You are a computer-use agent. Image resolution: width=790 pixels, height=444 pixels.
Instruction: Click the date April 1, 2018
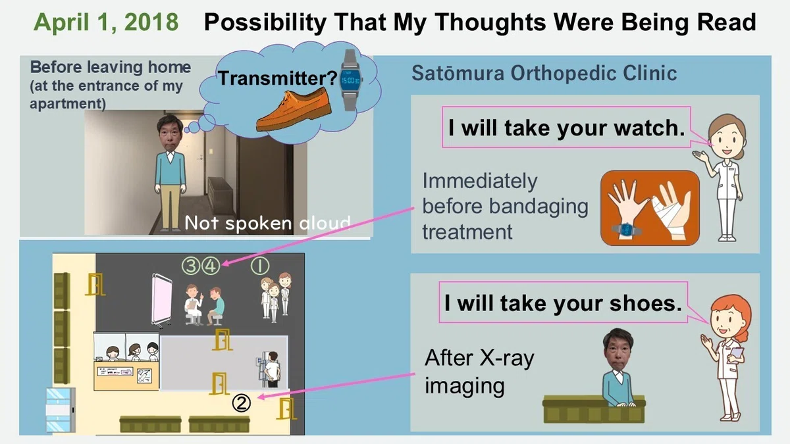pos(106,22)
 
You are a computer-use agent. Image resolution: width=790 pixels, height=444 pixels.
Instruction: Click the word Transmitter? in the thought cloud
pos(278,78)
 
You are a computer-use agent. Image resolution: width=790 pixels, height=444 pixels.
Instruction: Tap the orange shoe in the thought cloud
pos(294,111)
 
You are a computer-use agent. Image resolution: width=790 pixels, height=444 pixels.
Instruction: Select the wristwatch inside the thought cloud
pos(350,80)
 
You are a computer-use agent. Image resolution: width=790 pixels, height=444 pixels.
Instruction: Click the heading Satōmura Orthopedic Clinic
pos(544,73)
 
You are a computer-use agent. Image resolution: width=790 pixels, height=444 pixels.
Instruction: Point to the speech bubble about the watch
pos(566,127)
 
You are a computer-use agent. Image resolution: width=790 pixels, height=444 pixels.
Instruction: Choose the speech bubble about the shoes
pos(564,303)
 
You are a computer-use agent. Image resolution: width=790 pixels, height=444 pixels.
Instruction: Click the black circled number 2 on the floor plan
pos(242,403)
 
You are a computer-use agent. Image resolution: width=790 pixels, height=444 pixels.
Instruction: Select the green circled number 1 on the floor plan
pos(260,266)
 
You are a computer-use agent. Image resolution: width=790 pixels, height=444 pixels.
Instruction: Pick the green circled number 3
pos(191,266)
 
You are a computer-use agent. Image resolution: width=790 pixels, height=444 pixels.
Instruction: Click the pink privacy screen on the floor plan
pos(161,299)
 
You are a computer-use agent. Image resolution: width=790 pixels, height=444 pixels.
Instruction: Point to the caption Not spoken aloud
pos(268,223)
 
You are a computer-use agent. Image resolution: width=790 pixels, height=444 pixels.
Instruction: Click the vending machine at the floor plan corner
pos(61,410)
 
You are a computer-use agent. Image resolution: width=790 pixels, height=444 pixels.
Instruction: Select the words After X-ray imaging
pos(479,372)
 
